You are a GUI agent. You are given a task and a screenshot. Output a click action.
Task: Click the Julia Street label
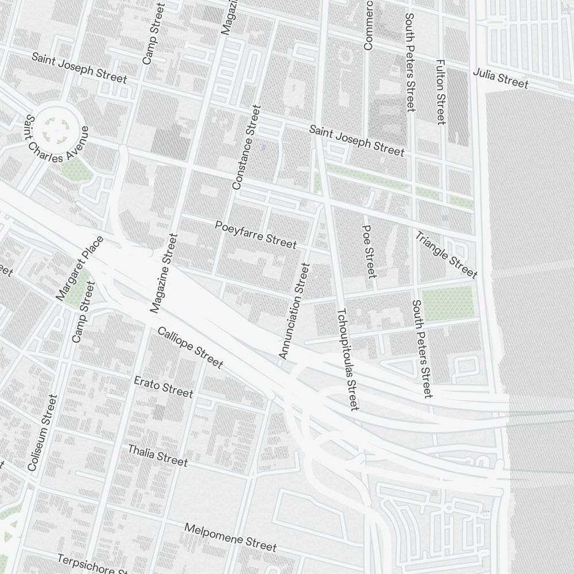click(x=500, y=79)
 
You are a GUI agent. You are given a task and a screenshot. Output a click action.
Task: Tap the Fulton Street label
click(x=440, y=92)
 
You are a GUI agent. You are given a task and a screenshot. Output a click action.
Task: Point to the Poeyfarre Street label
click(x=256, y=234)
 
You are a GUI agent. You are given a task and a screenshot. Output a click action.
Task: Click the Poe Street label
click(x=369, y=251)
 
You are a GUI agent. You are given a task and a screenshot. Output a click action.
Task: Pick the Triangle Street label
click(x=447, y=254)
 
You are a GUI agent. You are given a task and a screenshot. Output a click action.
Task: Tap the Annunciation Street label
click(x=294, y=311)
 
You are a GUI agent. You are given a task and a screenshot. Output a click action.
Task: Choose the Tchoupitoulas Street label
click(x=348, y=359)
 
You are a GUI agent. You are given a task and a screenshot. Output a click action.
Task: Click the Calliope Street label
click(x=190, y=347)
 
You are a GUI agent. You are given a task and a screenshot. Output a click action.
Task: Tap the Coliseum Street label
click(x=42, y=433)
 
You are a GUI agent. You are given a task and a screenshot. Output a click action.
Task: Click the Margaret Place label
click(x=80, y=268)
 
